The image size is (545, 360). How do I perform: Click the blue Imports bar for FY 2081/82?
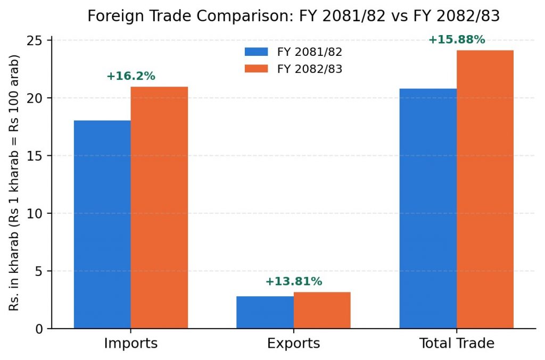point(102,224)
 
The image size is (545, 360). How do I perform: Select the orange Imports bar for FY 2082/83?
point(159,207)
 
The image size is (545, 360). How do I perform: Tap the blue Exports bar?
point(265,312)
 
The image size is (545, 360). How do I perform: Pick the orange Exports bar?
point(322,310)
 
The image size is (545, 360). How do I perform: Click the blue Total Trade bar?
point(428,208)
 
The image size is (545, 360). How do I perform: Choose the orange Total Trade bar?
point(485,189)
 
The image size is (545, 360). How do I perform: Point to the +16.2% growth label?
point(131,76)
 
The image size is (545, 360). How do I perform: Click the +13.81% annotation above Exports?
point(294,281)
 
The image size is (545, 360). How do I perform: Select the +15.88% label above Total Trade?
point(457,39)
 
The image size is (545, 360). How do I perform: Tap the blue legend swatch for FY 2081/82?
point(256,52)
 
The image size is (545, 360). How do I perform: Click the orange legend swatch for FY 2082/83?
point(256,69)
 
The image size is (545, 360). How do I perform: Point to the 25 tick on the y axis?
point(34,40)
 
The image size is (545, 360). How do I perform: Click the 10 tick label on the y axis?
point(34,213)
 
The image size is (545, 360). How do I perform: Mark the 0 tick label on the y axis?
point(38,329)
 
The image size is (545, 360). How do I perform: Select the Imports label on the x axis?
point(131,344)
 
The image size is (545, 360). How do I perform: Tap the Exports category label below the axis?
point(294,344)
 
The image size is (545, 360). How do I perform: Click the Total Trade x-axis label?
point(457,344)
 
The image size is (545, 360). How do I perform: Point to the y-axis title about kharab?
point(14,182)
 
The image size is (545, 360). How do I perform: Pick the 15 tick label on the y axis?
point(34,156)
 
